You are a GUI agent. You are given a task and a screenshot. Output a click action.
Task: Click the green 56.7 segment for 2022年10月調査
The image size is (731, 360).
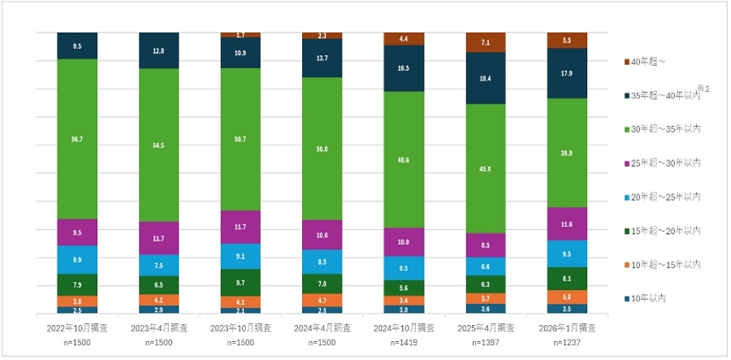pos(77,139)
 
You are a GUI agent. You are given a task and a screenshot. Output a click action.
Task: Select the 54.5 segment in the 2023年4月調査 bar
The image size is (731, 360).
pos(159,145)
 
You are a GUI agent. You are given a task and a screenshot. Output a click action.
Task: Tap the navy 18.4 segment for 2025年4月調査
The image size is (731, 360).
pos(486,78)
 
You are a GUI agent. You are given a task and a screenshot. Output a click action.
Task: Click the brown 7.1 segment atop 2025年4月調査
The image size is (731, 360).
pos(486,42)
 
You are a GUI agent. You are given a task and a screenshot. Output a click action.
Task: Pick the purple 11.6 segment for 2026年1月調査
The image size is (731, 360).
pos(567,223)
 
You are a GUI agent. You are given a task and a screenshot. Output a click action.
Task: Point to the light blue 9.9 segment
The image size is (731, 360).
pos(77,259)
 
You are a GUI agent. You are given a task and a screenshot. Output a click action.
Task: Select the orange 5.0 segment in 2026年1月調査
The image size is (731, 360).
pos(567,297)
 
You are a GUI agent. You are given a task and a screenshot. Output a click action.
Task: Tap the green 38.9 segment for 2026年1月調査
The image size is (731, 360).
pos(567,153)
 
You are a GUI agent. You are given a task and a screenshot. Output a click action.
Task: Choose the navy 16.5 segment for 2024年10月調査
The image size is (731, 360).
pos(404,69)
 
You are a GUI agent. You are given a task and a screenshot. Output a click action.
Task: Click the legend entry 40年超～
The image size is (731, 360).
pos(651,62)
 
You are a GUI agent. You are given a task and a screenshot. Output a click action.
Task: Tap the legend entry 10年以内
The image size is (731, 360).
pos(651,298)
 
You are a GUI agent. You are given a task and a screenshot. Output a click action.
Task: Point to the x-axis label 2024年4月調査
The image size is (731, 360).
pos(322,329)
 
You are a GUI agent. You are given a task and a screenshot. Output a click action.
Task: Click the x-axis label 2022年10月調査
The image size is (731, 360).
pos(77,329)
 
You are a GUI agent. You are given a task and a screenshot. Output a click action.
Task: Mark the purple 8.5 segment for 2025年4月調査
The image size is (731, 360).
pos(486,245)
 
